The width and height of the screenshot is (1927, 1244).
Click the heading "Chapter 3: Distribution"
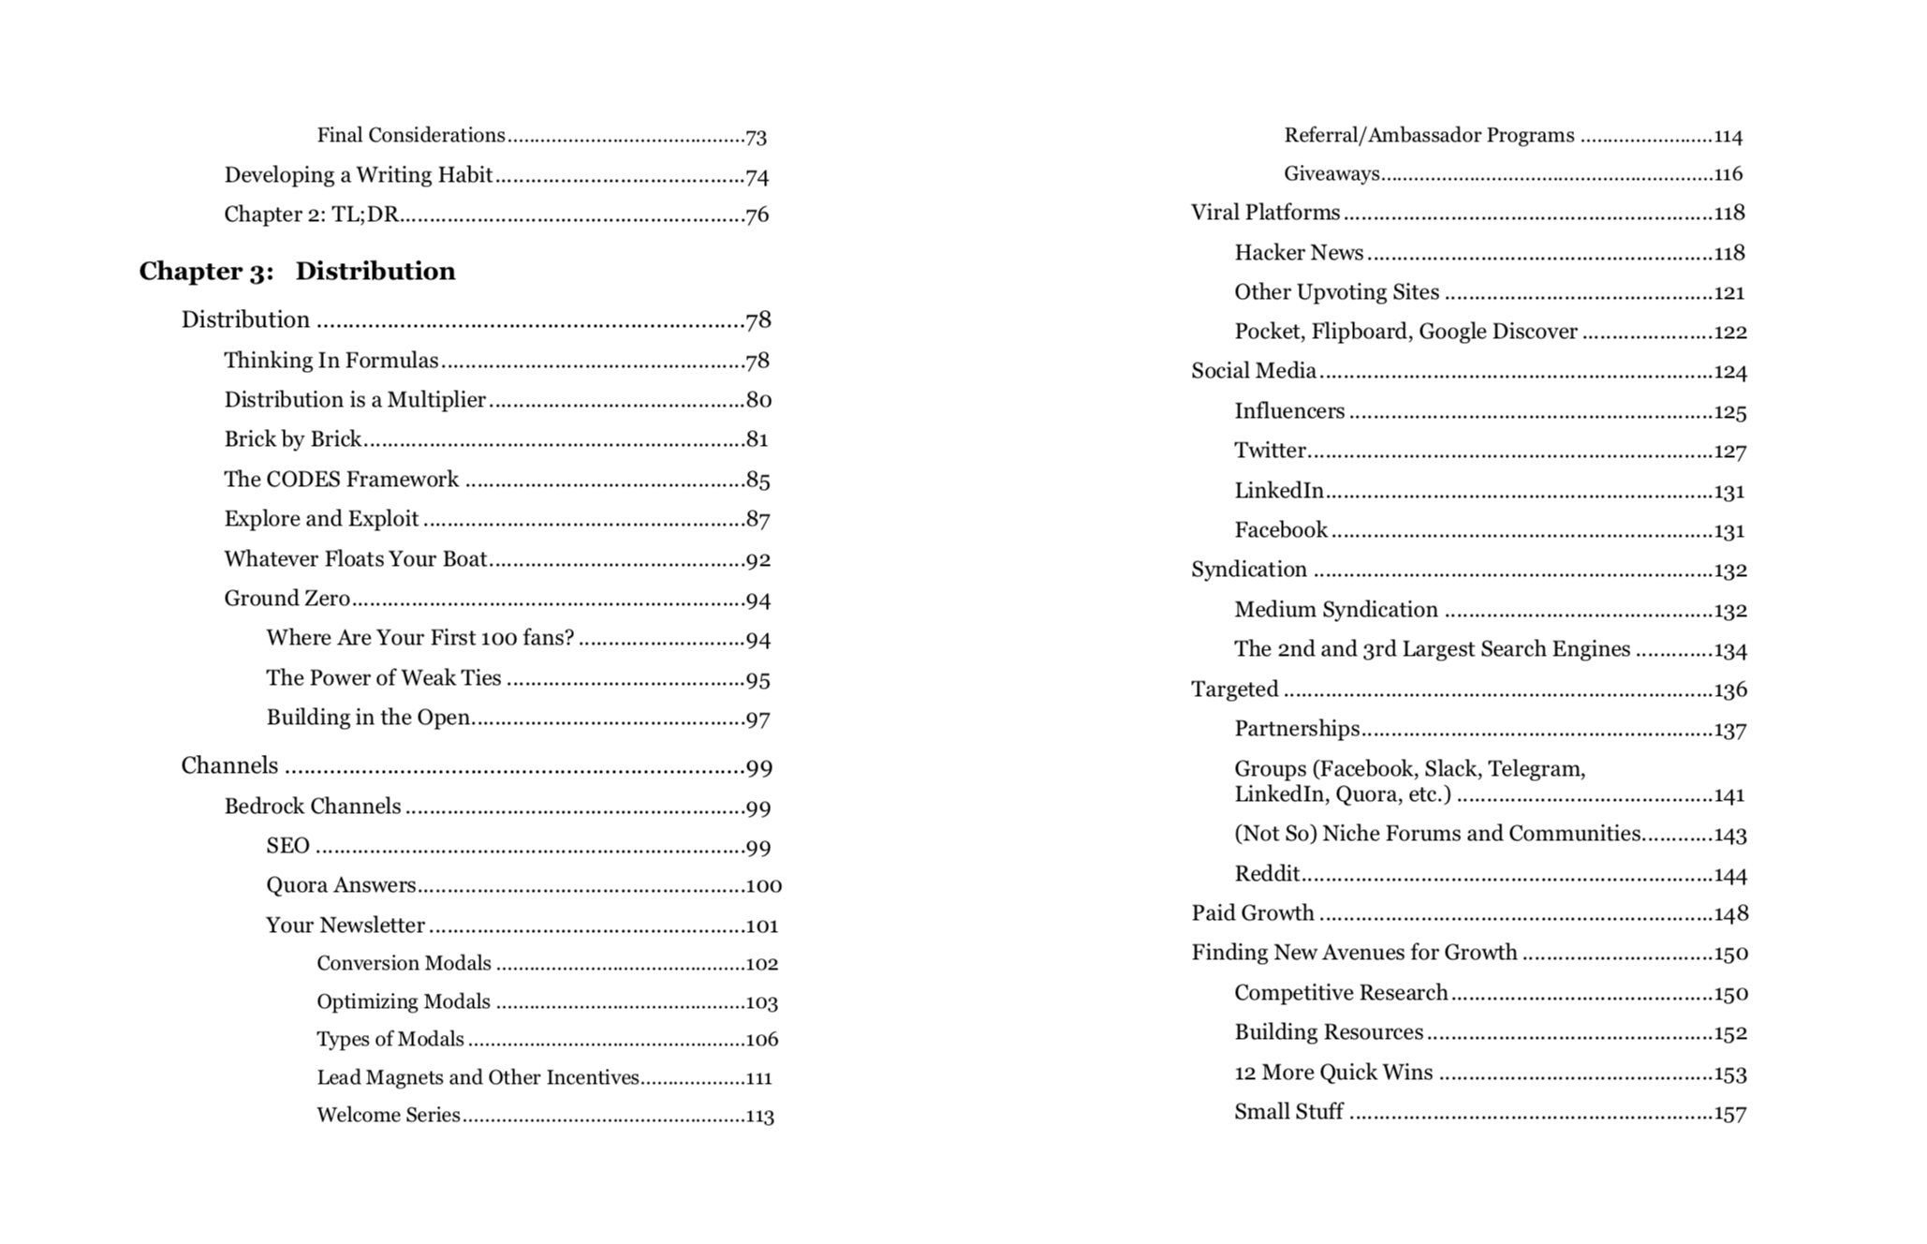coord(297,272)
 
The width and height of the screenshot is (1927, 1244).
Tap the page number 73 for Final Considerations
coord(757,137)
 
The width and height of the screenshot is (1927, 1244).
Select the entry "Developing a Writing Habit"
coord(358,175)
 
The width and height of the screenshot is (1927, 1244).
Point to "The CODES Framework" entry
coord(341,480)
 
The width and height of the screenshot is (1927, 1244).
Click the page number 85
coord(758,481)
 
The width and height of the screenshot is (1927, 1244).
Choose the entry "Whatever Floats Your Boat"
coord(355,559)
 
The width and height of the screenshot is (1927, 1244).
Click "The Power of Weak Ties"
coord(383,678)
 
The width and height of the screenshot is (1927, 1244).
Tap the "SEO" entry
coord(287,846)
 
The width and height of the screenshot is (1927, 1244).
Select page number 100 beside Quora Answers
coord(763,886)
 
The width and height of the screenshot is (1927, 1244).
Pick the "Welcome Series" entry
coord(388,1115)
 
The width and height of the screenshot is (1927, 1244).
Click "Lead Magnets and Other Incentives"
coord(478,1077)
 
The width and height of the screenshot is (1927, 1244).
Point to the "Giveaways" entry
coord(1331,173)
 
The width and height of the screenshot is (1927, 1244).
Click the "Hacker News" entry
coord(1299,253)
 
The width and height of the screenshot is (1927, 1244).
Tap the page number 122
coord(1729,333)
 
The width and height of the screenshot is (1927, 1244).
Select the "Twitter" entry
coord(1270,451)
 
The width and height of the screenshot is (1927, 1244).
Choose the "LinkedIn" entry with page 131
coord(1279,491)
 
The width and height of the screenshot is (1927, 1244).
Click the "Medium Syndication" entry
coord(1335,610)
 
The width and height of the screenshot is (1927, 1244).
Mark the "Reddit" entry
coord(1267,874)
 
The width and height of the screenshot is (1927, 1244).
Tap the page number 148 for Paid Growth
coord(1730,913)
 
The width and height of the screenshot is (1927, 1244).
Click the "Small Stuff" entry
coord(1288,1112)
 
